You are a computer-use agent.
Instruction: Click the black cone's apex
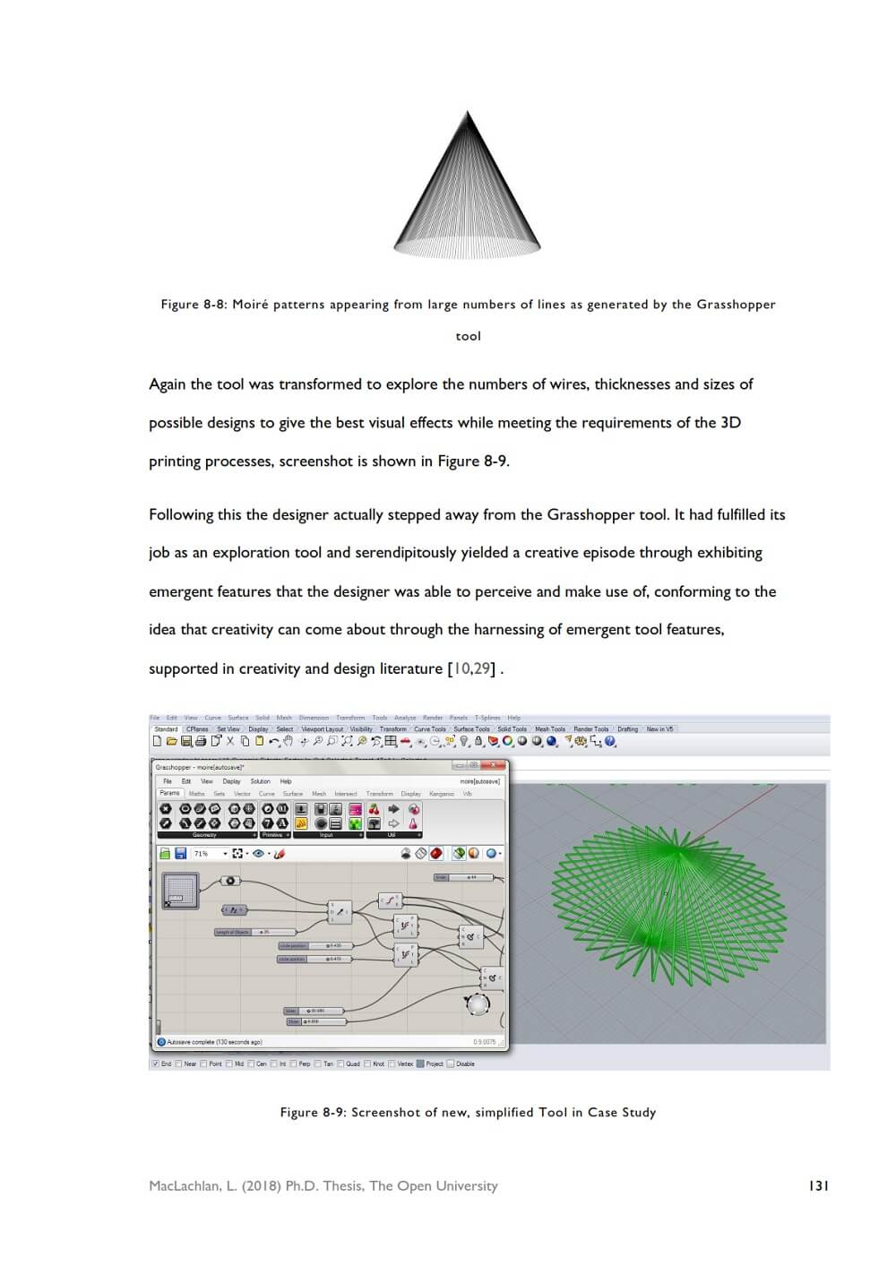467,113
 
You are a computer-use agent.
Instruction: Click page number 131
818,1185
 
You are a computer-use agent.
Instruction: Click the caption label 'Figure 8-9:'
313,1112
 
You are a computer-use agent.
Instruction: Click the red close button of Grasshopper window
493,766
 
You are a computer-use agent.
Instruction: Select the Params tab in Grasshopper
169,793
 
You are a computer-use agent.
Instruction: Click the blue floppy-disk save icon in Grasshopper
180,854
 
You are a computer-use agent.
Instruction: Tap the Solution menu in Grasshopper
260,781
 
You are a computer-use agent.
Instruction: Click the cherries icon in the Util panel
374,809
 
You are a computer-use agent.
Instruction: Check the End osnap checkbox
155,1064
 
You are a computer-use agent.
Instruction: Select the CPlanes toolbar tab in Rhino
197,729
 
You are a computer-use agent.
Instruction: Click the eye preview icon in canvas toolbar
258,854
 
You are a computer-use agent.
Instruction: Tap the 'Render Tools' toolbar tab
590,729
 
